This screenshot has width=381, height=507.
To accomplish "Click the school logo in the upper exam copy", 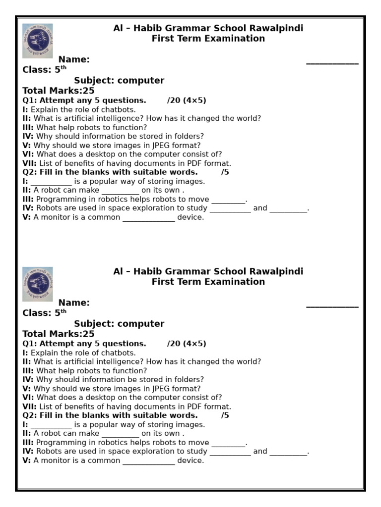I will (38, 41).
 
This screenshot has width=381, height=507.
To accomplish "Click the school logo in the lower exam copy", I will (38, 284).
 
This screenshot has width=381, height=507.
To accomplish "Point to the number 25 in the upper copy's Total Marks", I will (88, 91).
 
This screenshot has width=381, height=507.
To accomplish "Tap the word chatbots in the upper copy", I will (117, 109).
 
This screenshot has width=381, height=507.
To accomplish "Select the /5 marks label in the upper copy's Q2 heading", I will (225, 172).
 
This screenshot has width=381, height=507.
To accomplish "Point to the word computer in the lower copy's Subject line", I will (141, 324).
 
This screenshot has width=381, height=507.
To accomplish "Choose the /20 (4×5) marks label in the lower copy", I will (187, 344).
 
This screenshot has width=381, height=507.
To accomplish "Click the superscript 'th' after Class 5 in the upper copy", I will (63, 68).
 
